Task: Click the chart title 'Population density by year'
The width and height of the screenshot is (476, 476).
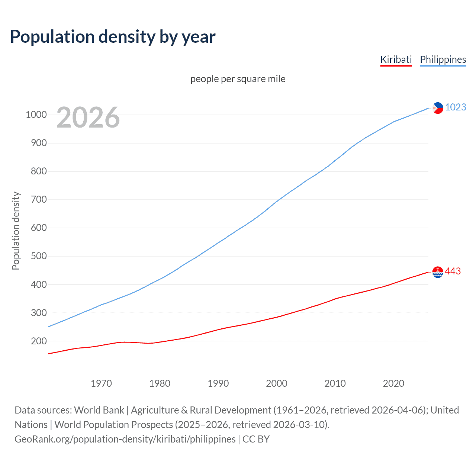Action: (x=113, y=37)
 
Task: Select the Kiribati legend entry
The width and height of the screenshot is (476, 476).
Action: (x=396, y=59)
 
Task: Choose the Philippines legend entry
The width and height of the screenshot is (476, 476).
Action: (x=443, y=59)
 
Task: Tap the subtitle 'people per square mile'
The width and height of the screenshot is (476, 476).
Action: (x=238, y=79)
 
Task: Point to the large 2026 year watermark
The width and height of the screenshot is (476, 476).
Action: (x=88, y=118)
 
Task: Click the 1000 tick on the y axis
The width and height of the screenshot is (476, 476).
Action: (x=36, y=115)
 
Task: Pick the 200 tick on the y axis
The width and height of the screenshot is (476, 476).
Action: (x=39, y=341)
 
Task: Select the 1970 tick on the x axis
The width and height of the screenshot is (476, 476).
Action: (x=101, y=383)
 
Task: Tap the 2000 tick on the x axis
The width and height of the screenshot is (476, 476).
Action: (x=277, y=383)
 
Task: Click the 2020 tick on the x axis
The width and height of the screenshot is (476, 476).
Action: (x=393, y=383)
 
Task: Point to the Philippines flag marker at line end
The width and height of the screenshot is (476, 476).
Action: (x=438, y=108)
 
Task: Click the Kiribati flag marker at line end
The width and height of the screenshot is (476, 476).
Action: (x=438, y=272)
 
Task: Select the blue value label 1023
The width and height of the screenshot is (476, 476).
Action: (x=456, y=107)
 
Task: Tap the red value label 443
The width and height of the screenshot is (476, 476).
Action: (x=453, y=271)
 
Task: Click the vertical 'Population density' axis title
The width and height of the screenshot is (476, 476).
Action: (x=16, y=231)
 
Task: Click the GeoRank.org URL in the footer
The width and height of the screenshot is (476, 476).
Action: (x=125, y=439)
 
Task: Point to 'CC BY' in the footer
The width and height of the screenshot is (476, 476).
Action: (x=256, y=439)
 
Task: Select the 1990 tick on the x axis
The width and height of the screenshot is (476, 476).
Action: (x=218, y=383)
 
